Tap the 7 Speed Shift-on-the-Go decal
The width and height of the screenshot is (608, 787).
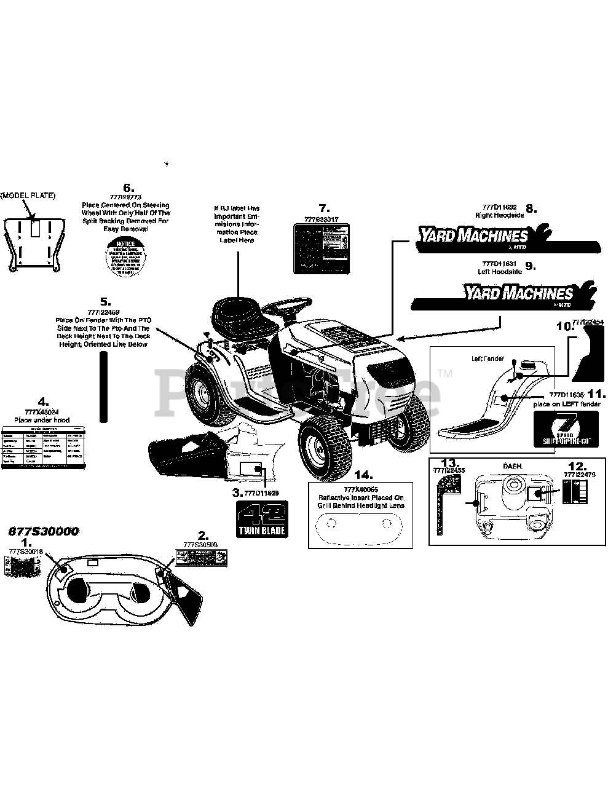tap(566, 429)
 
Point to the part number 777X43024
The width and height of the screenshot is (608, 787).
tap(42, 413)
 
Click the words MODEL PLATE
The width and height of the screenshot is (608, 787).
tap(28, 195)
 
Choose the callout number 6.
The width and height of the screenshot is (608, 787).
tap(128, 188)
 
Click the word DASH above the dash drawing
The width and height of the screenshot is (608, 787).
tap(513, 467)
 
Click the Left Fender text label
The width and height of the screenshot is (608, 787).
tap(486, 358)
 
